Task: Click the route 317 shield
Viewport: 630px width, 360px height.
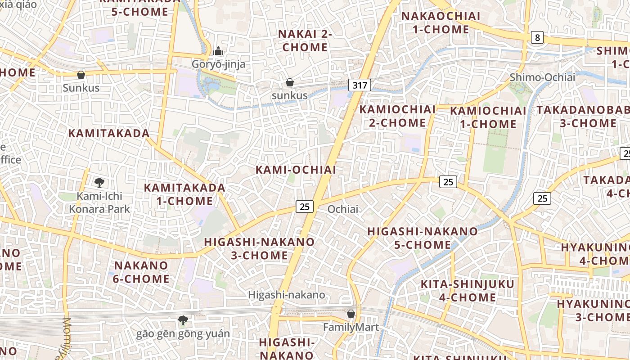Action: click(x=360, y=85)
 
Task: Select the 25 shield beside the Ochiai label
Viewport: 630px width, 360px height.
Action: click(x=305, y=207)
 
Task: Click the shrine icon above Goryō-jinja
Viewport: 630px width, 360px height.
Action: click(x=218, y=51)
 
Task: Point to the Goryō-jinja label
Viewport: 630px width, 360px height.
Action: click(x=219, y=64)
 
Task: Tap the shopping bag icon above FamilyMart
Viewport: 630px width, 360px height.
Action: click(x=351, y=313)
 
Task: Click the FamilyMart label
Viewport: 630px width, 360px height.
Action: click(x=351, y=327)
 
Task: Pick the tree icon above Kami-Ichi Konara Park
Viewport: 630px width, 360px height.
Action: click(x=99, y=182)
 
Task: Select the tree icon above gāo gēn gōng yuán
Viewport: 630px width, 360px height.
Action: click(x=183, y=320)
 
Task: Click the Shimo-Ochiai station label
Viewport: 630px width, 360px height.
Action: click(x=542, y=77)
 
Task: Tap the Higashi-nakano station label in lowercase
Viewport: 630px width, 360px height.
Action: click(x=287, y=295)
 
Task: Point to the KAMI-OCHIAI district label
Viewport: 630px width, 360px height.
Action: click(x=296, y=170)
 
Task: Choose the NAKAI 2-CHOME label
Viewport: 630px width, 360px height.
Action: click(x=305, y=40)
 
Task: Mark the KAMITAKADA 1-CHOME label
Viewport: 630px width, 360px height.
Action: click(x=184, y=194)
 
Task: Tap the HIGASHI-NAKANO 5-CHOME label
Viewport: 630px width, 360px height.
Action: click(x=423, y=238)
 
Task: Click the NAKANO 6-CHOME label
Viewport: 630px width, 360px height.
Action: click(x=141, y=272)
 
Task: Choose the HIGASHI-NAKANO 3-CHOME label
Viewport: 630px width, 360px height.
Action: click(x=259, y=248)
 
